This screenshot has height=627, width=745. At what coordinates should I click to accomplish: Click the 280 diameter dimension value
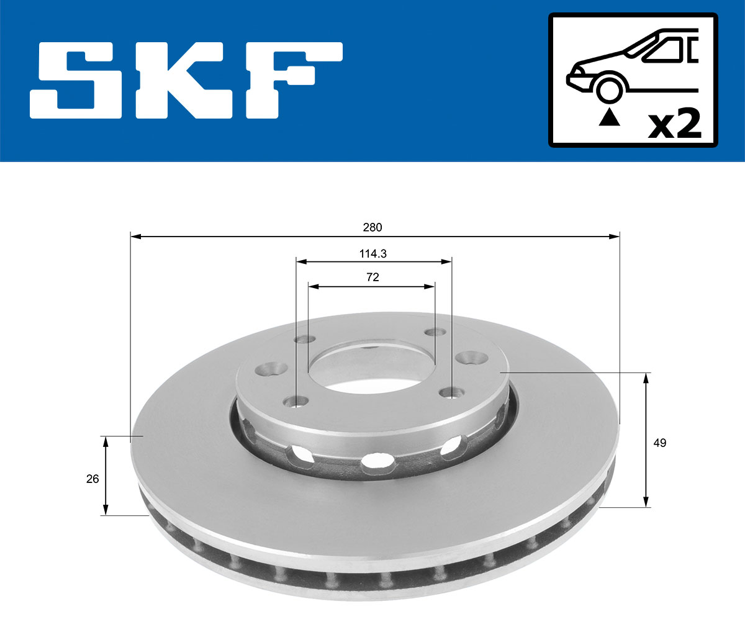point(372,227)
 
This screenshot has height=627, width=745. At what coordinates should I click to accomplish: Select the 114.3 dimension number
point(372,253)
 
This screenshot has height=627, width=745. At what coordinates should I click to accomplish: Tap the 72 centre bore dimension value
point(372,277)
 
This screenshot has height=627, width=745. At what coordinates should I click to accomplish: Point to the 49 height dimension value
point(660,443)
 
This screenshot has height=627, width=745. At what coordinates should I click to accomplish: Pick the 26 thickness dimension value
point(93,479)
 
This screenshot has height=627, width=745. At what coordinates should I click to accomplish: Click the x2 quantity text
point(674,124)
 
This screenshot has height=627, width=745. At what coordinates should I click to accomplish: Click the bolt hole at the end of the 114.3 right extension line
point(451,392)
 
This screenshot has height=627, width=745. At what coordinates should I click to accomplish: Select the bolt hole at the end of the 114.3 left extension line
point(297,401)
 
